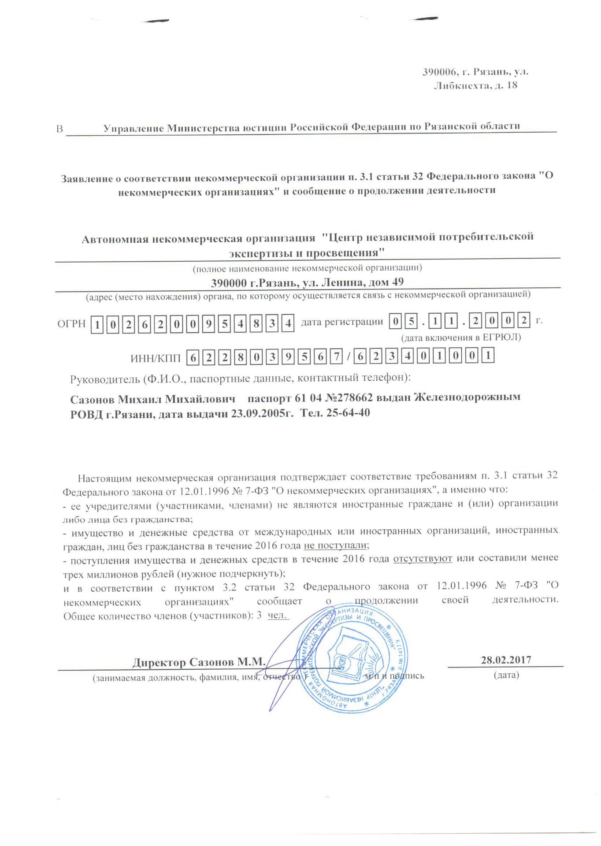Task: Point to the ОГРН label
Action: (71, 324)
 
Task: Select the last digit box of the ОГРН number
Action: (288, 324)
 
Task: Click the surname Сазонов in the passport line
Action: (94, 399)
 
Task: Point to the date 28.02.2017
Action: (506, 660)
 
